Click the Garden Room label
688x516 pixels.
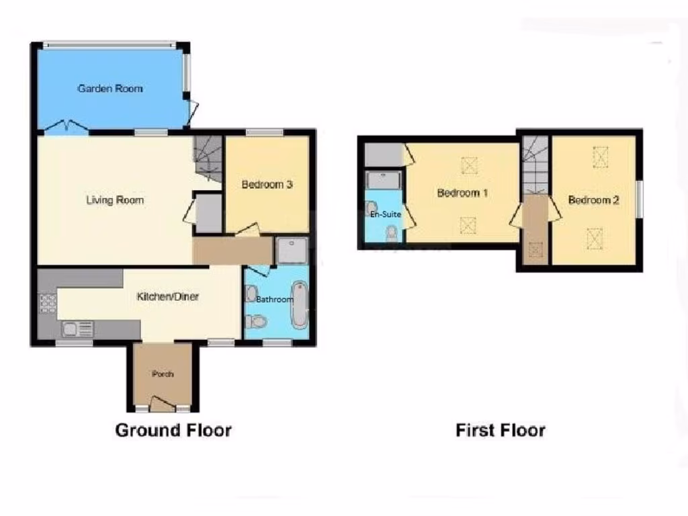coord(110,89)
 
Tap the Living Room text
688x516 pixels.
coord(115,200)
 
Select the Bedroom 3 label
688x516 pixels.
coord(267,185)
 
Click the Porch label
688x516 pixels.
coord(163,374)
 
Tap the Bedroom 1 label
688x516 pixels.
coord(462,193)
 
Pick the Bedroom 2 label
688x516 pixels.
coord(594,200)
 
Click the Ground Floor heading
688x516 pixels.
coord(173,430)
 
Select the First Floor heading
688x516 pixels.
coord(501,430)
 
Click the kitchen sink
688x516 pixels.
coord(71,329)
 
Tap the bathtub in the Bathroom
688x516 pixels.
coord(300,306)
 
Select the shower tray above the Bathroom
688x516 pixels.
coord(291,250)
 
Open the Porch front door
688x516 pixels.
coord(161,404)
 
